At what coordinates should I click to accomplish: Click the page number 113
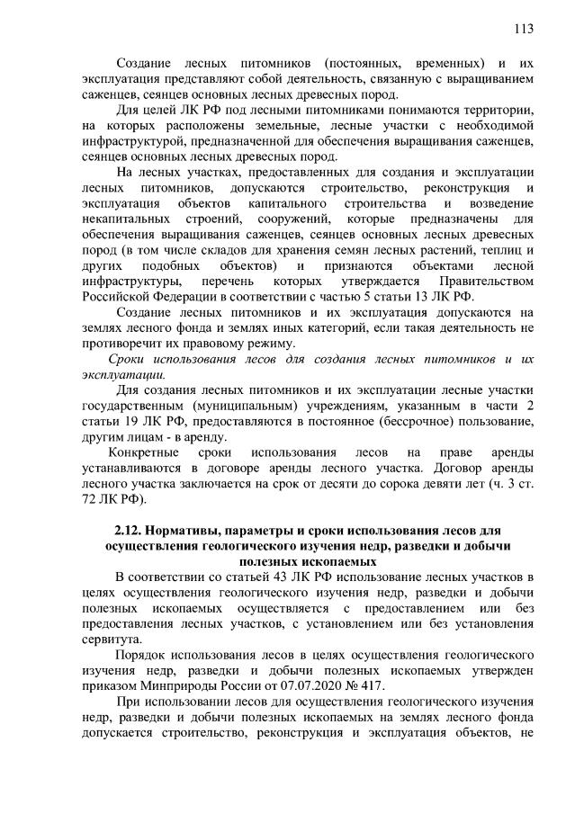pos(524,28)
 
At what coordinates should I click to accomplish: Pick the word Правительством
pos(481,281)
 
